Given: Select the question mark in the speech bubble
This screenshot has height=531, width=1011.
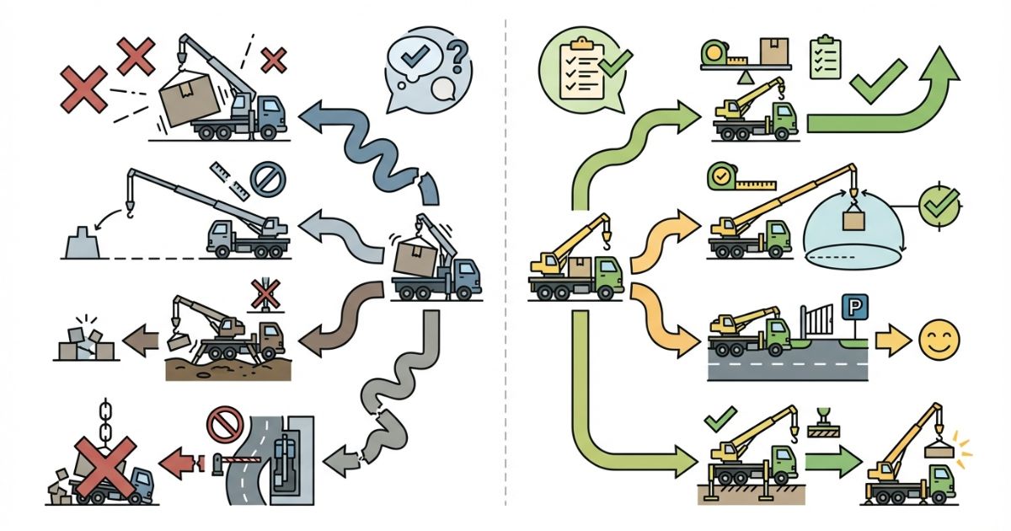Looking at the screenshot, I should (x=457, y=56).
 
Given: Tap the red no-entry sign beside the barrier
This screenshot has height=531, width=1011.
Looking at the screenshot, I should (x=224, y=426).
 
